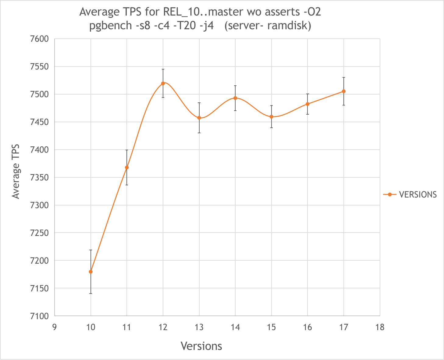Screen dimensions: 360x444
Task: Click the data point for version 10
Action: click(x=91, y=272)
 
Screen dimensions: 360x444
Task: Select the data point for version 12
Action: click(x=163, y=83)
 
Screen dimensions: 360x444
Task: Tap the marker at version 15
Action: click(x=272, y=117)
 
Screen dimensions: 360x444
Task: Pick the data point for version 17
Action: click(x=344, y=91)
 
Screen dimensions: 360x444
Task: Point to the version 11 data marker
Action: click(x=127, y=167)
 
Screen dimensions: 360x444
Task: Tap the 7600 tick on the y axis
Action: click(x=39, y=39)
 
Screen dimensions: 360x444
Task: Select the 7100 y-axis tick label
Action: click(x=39, y=316)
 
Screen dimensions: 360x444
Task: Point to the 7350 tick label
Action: click(x=39, y=178)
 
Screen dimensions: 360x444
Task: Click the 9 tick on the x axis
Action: click(x=55, y=327)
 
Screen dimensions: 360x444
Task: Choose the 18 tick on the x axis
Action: click(x=380, y=327)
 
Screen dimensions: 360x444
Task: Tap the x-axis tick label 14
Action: click(x=235, y=327)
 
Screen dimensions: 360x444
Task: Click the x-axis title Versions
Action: click(x=201, y=346)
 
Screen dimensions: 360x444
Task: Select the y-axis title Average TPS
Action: click(x=16, y=172)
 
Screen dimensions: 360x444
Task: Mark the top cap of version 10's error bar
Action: click(x=91, y=250)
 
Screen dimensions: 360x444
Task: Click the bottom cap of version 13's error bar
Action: click(x=199, y=133)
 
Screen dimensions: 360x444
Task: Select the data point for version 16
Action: click(x=307, y=104)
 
